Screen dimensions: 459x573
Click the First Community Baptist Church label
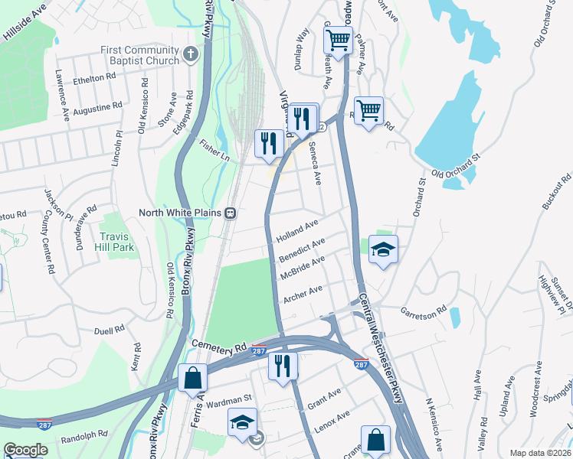click(139, 55)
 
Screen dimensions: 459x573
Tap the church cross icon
click(191, 55)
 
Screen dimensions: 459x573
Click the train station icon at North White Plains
click(229, 213)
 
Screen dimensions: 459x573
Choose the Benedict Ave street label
click(302, 249)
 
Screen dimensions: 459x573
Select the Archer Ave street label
click(303, 293)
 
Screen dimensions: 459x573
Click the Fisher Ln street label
click(215, 155)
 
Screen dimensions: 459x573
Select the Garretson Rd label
click(423, 312)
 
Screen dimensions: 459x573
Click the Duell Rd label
click(109, 330)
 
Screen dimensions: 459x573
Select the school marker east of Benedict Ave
click(383, 249)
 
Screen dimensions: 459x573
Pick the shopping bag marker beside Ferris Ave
click(192, 378)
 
